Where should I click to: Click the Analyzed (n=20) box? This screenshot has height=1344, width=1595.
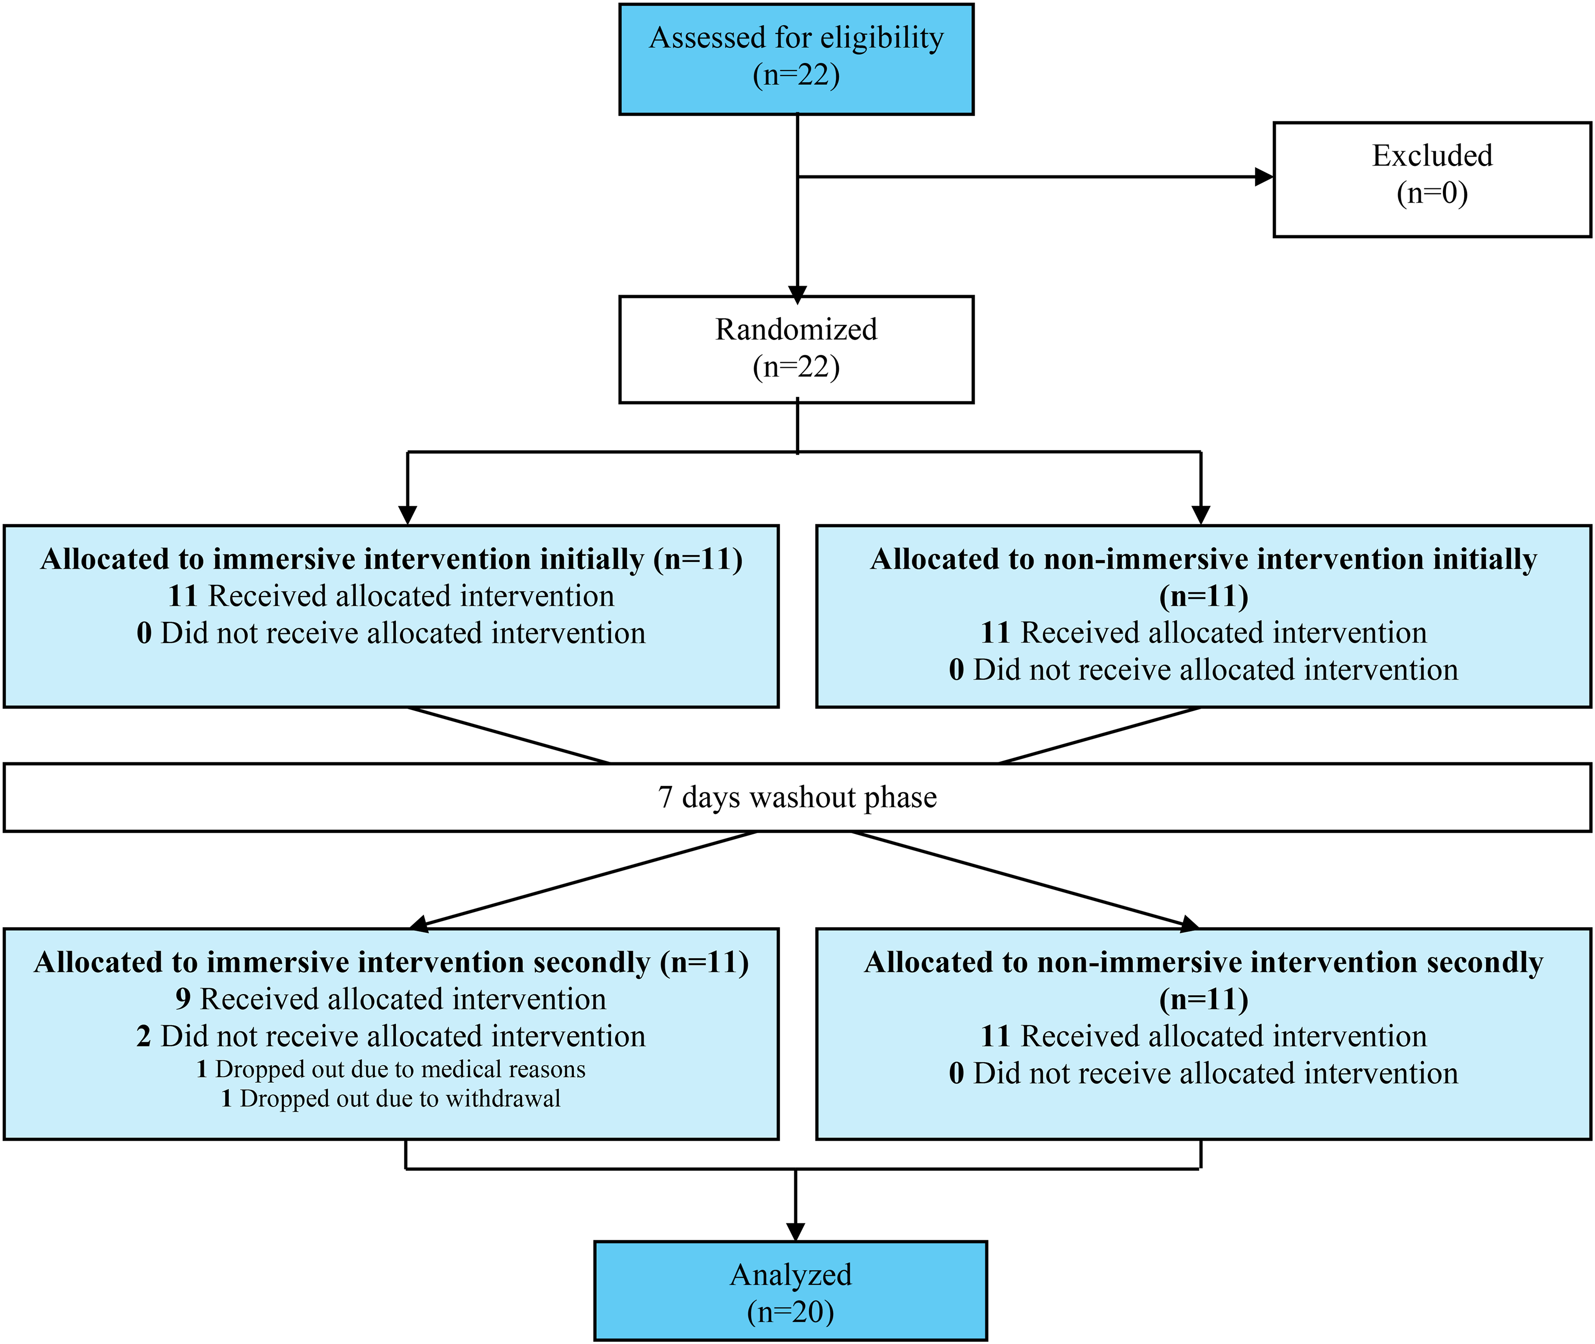pos(791,1291)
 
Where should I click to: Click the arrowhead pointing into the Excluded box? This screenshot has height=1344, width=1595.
pos(1263,177)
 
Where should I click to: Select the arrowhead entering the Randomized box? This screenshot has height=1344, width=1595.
pos(797,295)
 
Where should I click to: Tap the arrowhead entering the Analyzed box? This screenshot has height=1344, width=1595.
pos(796,1232)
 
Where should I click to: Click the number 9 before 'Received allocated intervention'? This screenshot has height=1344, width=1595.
pos(183,999)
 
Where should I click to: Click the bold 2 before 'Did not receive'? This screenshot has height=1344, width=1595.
pos(144,1036)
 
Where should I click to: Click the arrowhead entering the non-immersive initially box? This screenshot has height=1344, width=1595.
pos(1201,516)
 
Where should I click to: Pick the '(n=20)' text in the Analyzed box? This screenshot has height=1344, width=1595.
pos(791,1312)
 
